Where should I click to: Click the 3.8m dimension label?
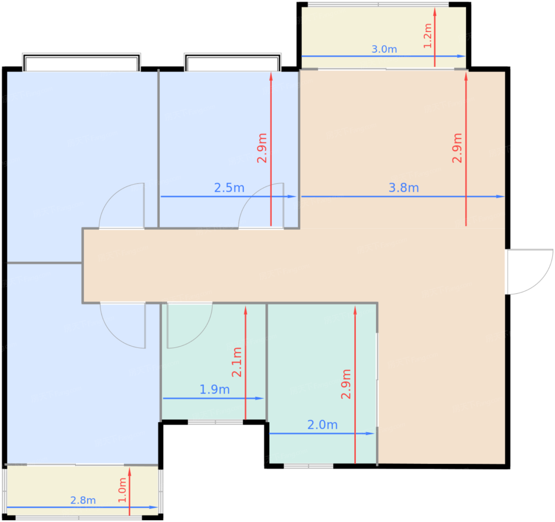pyautogui.click(x=404, y=188)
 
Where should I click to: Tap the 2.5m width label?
pyautogui.click(x=229, y=188)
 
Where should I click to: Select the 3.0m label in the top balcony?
pyautogui.click(x=384, y=49)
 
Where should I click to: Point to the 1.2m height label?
pyautogui.click(x=428, y=36)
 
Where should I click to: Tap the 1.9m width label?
pyautogui.click(x=214, y=390)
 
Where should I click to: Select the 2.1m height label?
pyautogui.click(x=237, y=362)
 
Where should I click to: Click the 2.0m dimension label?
pyautogui.click(x=322, y=425)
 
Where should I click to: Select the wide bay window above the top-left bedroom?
pyautogui.click(x=81, y=62)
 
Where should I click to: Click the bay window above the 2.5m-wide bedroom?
pyautogui.click(x=233, y=62)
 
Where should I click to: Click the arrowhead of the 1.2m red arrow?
pyautogui.click(x=434, y=12)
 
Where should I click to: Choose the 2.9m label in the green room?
pyautogui.click(x=346, y=384)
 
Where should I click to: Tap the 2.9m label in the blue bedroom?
pyautogui.click(x=262, y=148)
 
